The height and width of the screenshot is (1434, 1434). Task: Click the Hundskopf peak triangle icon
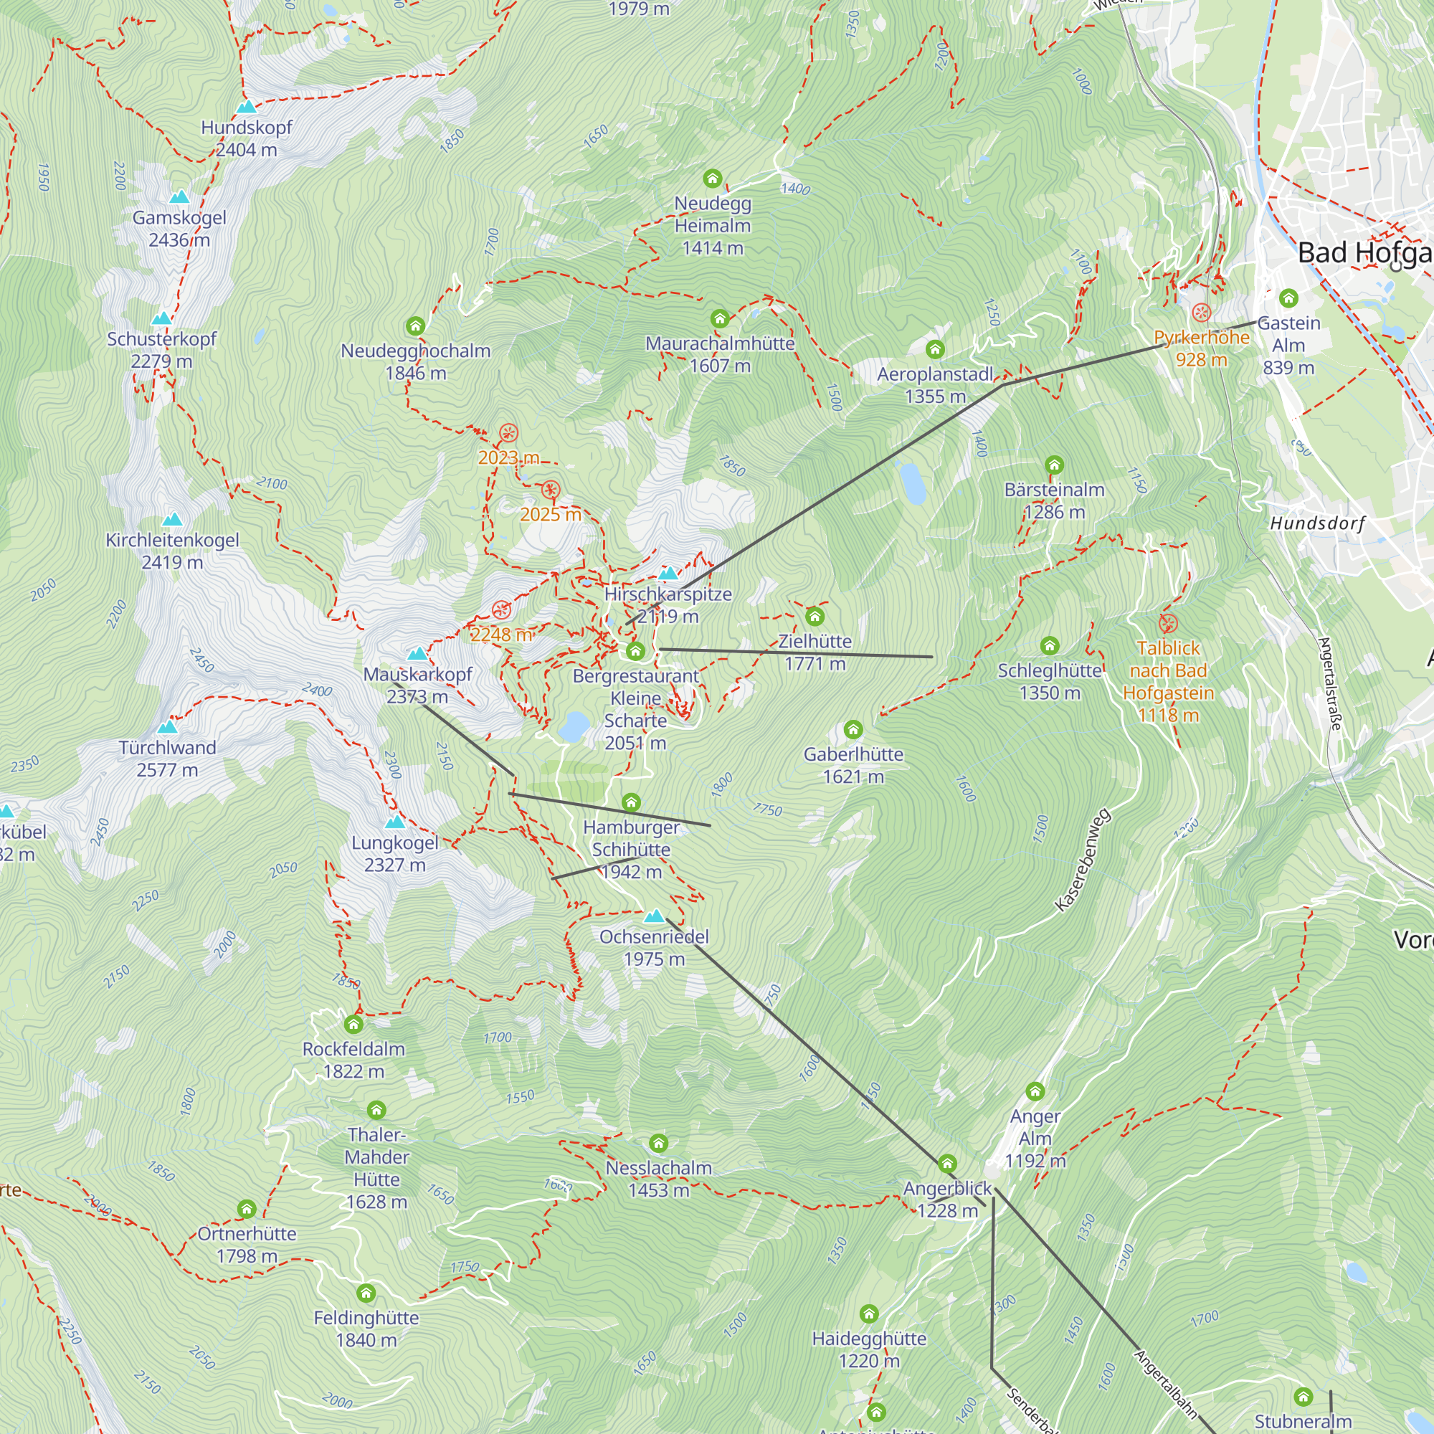click(247, 107)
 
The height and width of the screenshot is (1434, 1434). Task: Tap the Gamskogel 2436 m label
click(179, 229)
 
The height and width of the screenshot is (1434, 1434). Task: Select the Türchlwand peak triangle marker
click(168, 726)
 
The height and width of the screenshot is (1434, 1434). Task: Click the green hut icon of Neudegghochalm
click(416, 326)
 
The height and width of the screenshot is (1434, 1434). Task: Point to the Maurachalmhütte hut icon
click(719, 318)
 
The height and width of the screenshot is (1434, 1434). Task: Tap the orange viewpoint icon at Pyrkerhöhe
click(1201, 313)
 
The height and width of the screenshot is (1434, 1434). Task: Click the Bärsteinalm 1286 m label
click(1054, 501)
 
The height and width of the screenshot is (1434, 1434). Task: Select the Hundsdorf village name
click(1317, 523)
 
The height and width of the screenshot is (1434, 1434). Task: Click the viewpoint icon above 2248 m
click(502, 610)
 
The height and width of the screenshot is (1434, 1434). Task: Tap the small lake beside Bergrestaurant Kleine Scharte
click(574, 726)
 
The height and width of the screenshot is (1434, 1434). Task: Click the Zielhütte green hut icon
click(815, 616)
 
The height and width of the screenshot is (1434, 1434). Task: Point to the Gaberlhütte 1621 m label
click(853, 765)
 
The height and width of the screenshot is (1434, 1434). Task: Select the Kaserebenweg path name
click(1083, 860)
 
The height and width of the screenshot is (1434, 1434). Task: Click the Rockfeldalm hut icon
click(353, 1025)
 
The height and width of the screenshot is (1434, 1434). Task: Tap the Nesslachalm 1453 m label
click(658, 1179)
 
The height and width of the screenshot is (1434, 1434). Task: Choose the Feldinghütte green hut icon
click(366, 1293)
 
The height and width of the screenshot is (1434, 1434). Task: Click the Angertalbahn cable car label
click(1165, 1385)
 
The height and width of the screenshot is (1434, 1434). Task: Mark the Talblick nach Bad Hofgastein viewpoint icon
click(1168, 623)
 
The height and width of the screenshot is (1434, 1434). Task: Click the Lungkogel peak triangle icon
click(395, 822)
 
